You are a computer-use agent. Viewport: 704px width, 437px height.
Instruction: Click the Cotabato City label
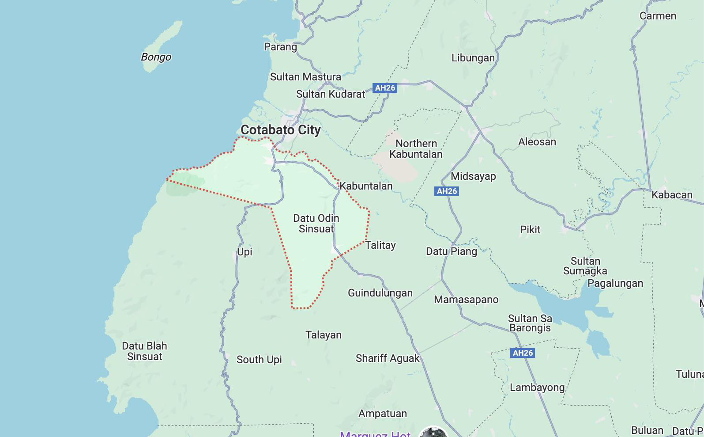click(x=281, y=130)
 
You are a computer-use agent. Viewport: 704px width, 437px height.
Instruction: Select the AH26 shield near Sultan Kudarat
click(x=385, y=88)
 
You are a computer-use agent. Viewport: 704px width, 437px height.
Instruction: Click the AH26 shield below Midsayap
click(x=447, y=191)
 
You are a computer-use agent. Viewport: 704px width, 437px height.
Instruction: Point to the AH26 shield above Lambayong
click(x=523, y=353)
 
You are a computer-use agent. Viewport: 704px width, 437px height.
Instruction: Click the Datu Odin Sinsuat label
click(x=316, y=224)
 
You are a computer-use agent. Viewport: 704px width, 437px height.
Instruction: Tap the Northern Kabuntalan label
click(x=416, y=149)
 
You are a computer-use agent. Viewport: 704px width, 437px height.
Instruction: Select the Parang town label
click(x=280, y=47)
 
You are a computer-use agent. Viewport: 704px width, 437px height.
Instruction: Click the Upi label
click(x=245, y=252)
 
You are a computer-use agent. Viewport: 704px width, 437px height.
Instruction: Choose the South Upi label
click(x=259, y=360)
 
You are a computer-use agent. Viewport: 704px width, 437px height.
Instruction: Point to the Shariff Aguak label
click(x=388, y=358)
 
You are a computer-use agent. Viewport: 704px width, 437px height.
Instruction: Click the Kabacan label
click(x=672, y=195)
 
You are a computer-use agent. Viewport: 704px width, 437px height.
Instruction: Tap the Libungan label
click(x=473, y=58)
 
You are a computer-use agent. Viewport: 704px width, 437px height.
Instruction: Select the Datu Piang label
click(x=451, y=251)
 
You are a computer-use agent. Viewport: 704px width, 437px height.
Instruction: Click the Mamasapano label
click(x=466, y=300)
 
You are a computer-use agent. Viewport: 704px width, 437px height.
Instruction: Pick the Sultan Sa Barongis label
click(x=530, y=323)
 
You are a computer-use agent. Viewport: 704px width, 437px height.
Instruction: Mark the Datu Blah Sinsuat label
click(x=144, y=351)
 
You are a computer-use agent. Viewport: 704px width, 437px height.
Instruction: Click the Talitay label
click(x=380, y=245)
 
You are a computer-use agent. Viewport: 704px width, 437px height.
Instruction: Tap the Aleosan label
click(x=537, y=142)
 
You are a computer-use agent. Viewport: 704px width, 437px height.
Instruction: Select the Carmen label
click(x=658, y=16)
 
